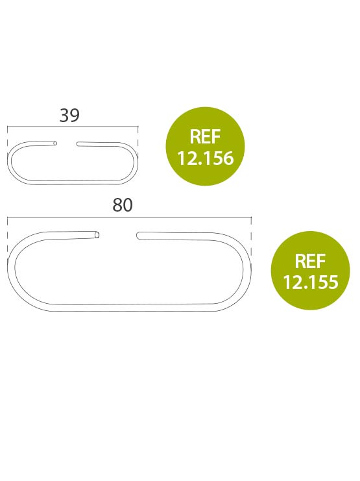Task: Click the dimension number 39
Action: (69, 116)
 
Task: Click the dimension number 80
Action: (123, 205)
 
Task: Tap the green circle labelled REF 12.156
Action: (205, 146)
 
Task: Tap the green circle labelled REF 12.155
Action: (310, 270)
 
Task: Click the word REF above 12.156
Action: (205, 137)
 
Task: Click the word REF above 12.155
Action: (310, 261)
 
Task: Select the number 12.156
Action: (205, 158)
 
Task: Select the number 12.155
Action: (310, 282)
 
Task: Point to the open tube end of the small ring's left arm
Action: (55, 143)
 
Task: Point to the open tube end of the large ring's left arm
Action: (97, 235)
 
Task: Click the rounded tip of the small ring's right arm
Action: (78, 144)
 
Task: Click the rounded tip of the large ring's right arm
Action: (138, 236)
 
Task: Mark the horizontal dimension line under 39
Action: (73, 126)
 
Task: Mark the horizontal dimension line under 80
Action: (129, 217)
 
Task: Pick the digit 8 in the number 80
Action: (117, 205)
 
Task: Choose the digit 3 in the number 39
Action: (64, 116)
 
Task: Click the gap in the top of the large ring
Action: (118, 235)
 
